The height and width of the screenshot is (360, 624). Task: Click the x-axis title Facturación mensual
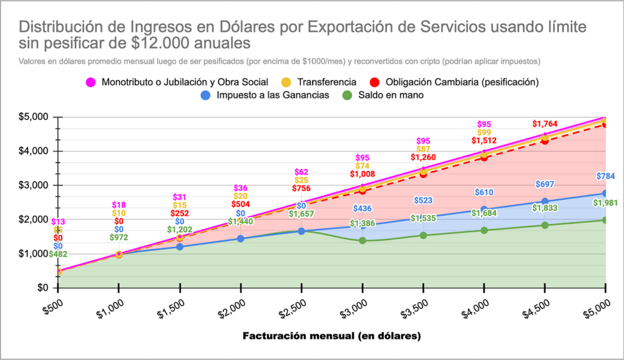331,336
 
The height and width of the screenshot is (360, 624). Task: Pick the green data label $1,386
362,224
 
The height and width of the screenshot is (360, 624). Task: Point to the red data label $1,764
545,124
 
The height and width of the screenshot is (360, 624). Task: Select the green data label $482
58,254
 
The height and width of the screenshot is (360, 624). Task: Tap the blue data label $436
362,209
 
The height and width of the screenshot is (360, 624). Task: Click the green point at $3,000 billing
362,241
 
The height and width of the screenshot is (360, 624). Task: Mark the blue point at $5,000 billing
605,193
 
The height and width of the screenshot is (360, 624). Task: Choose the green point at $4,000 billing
484,230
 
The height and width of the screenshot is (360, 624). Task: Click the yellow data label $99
484,132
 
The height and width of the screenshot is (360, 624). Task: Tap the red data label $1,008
362,174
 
